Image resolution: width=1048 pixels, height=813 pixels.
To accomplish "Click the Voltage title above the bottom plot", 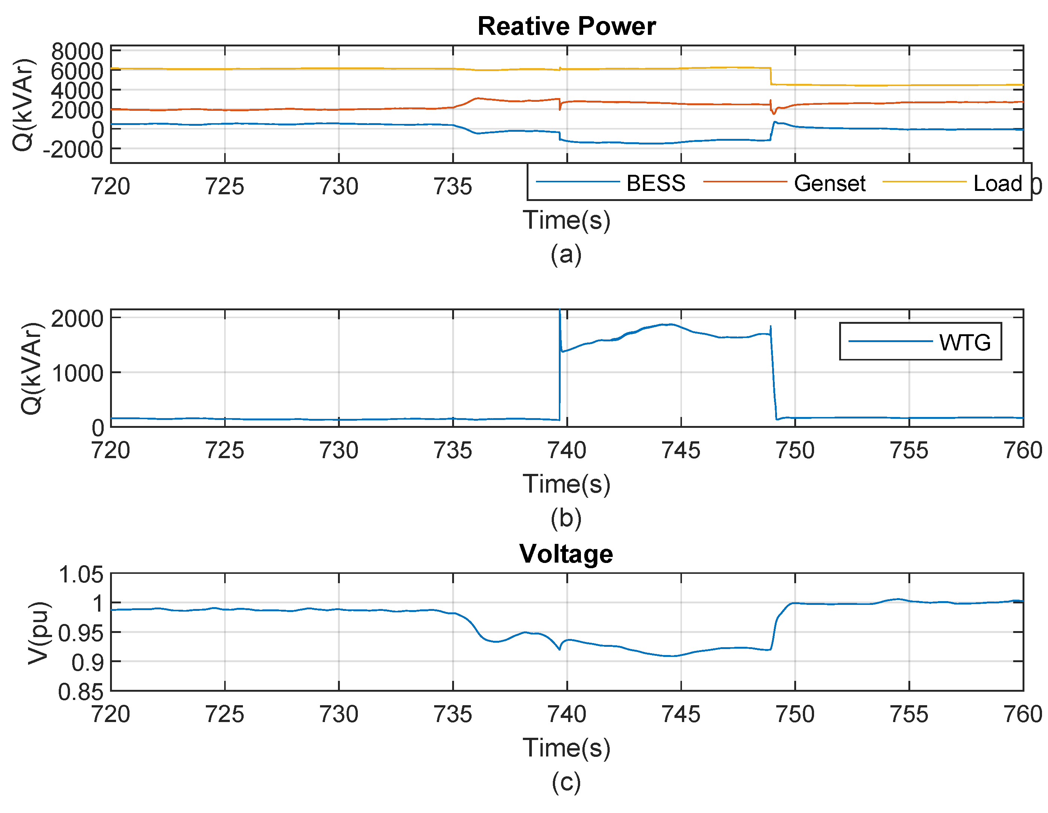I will coord(566,554).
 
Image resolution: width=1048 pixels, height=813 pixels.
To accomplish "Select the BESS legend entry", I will coord(655,183).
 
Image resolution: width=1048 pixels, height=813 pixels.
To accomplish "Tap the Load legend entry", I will coord(997,183).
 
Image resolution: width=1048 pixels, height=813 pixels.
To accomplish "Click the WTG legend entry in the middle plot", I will coord(965,342).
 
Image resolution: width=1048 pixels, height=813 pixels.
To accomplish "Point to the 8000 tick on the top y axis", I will coord(77,51).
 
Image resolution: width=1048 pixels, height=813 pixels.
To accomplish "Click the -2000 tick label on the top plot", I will coord(73,150).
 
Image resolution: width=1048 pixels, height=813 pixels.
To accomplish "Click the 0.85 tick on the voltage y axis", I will coord(80,692).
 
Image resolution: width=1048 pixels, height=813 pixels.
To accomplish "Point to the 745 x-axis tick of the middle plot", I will coord(680,450).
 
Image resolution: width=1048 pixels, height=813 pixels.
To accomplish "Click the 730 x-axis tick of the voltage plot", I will coord(339,714).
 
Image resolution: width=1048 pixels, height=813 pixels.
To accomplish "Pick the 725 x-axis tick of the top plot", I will coord(225,186).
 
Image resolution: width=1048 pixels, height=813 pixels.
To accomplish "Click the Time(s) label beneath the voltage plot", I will coord(566,748).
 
